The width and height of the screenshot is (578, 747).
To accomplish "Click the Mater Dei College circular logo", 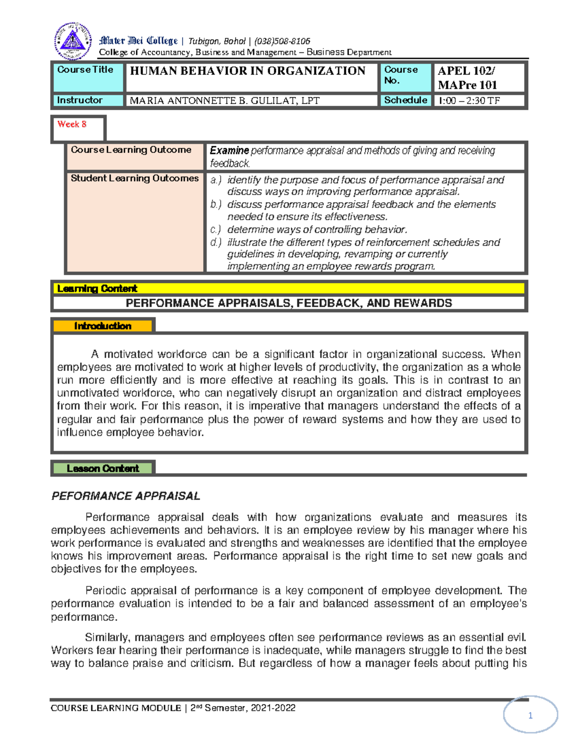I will (x=73, y=41).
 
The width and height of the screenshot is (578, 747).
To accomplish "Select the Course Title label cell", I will (x=85, y=70).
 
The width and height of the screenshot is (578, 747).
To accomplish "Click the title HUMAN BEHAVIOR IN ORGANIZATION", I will (x=248, y=71).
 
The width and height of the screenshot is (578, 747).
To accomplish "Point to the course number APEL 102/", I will (x=466, y=71).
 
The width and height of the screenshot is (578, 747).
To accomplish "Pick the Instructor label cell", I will (x=80, y=100).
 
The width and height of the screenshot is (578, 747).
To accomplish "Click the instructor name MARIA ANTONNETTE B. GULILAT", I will (x=224, y=101).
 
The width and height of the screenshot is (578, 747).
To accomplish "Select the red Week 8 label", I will (x=72, y=124).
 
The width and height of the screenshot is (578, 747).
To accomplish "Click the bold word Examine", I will (x=229, y=151).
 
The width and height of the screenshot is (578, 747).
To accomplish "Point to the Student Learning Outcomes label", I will (x=134, y=178).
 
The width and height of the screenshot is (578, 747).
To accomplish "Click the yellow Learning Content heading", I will (x=97, y=289).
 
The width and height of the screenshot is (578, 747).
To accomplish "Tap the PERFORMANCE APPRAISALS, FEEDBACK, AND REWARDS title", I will (x=289, y=303).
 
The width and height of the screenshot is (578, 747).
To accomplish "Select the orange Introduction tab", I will (x=103, y=326).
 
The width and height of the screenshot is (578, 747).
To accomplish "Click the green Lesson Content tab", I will (x=103, y=468).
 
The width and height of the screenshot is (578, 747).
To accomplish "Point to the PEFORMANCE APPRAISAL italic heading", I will (x=126, y=496).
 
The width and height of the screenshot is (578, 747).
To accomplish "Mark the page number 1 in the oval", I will (x=530, y=716).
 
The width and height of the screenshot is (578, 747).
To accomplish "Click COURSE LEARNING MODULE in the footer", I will (x=116, y=708).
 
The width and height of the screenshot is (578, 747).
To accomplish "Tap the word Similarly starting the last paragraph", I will (x=108, y=638).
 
